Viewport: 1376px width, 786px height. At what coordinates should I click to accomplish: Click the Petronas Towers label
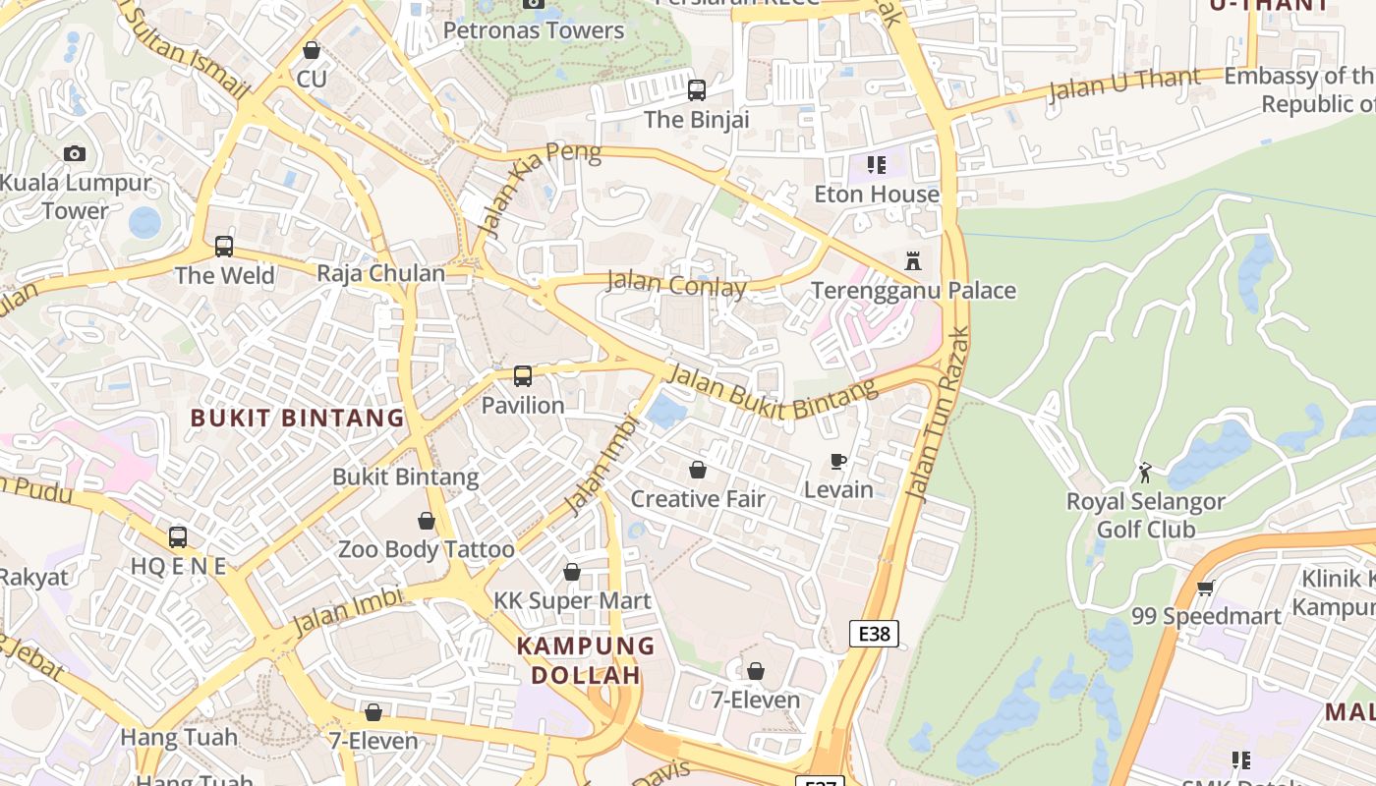point(533,30)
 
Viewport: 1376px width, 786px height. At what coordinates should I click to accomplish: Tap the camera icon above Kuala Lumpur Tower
point(74,153)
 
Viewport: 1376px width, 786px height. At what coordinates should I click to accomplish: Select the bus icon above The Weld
point(224,246)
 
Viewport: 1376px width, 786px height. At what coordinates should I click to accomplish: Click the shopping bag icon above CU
point(312,50)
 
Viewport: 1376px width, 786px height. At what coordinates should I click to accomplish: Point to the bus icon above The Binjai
point(697,90)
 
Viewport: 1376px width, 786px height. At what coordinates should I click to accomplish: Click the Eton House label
point(876,195)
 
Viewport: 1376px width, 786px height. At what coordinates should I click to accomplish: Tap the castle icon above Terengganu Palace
point(913,261)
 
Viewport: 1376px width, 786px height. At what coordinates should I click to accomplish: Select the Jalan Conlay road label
point(676,284)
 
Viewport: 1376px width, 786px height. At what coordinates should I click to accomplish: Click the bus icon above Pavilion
point(523,375)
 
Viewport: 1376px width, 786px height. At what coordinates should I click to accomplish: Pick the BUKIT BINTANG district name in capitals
point(297,418)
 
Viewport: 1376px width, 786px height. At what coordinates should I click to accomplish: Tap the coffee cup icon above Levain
point(838,461)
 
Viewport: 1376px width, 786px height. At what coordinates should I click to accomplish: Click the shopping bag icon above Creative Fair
point(698,470)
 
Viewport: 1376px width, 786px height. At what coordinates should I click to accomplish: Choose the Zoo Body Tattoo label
point(426,549)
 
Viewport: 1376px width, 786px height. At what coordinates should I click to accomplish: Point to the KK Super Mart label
point(571,600)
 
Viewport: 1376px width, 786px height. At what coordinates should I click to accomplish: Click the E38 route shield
point(874,634)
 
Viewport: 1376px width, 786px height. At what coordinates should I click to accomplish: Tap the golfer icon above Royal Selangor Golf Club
point(1145,473)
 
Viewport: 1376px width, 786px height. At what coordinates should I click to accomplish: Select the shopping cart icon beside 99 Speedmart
point(1205,588)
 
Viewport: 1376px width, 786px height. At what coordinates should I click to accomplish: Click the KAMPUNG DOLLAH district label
point(586,660)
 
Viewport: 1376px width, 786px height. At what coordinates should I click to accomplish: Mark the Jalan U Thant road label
point(1123,84)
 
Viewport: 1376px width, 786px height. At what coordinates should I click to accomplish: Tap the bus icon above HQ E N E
point(178,537)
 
